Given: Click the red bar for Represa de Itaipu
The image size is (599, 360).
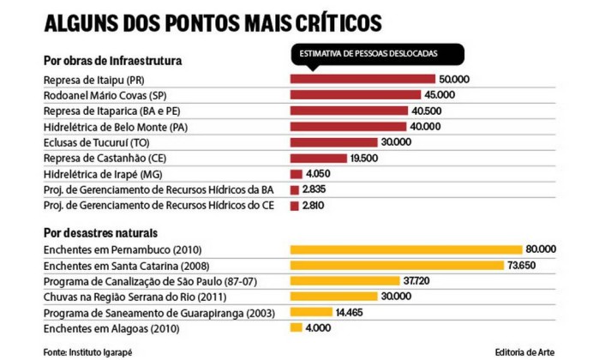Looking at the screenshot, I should (362, 80).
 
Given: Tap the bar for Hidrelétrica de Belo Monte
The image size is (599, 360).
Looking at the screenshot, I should (348, 127).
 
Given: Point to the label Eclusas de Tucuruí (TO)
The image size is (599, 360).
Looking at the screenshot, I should (96, 142).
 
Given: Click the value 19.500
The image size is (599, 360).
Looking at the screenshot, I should (366, 159).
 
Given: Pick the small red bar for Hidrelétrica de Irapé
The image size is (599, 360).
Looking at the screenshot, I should (297, 174).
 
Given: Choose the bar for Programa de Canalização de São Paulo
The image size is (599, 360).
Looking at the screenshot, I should (344, 281).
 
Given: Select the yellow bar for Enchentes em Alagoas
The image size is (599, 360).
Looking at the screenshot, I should (297, 327).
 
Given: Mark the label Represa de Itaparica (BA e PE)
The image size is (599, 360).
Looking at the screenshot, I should (111, 111).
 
